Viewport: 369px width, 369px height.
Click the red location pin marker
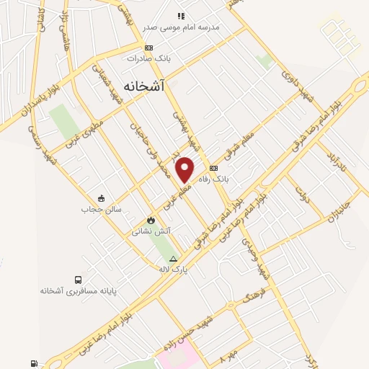[186, 169]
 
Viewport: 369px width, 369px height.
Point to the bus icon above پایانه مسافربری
[78, 280]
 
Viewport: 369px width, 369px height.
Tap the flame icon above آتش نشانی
[151, 220]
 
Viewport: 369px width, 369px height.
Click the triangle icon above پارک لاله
[173, 258]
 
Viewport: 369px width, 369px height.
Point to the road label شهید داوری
[298, 86]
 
